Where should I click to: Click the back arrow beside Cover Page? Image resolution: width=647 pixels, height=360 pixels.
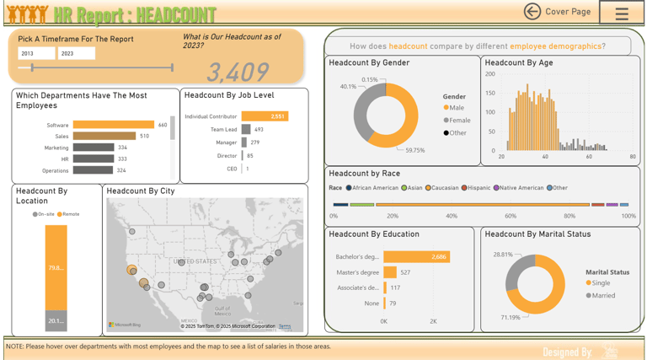532,11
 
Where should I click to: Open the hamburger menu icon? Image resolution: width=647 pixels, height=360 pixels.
622,13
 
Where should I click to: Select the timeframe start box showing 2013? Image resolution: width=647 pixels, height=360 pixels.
36,53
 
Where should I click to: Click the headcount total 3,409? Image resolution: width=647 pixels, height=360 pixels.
238,73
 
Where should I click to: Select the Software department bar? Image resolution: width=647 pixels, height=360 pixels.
113,125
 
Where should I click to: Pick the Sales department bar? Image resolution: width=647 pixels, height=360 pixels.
104,136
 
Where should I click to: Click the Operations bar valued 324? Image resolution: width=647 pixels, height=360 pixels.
93,170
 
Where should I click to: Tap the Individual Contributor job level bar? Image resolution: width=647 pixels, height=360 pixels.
265,116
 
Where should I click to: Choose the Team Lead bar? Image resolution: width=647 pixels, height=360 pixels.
246,130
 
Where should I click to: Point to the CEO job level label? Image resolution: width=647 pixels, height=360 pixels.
232,169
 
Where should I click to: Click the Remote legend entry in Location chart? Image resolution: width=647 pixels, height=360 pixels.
70,214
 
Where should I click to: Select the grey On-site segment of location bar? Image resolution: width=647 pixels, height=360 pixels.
56,320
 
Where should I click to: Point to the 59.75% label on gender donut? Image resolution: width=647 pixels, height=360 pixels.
414,150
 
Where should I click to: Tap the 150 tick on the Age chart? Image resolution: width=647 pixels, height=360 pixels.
490,93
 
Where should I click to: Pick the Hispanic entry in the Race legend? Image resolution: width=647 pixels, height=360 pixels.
479,188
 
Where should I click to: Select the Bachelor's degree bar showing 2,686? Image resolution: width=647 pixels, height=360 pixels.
416,256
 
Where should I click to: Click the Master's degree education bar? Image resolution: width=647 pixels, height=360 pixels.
390,272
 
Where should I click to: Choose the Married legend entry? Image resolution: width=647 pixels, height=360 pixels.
602,296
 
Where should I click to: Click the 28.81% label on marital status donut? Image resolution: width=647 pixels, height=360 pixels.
502,254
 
